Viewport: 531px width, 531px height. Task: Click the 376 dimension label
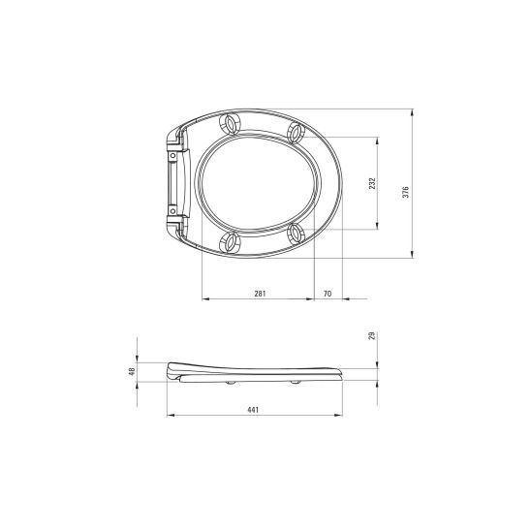coord(406,192)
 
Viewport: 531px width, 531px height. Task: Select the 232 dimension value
coord(372,183)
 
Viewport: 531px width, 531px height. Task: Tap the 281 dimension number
coord(260,294)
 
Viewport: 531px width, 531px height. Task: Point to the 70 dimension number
coord(328,294)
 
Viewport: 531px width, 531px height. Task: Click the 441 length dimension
coord(253,410)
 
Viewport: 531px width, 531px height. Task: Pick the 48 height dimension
coord(132,371)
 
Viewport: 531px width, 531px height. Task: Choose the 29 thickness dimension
coord(372,336)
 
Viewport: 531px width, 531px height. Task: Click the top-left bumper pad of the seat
coord(231,124)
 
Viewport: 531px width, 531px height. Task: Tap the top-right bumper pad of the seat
coord(296,133)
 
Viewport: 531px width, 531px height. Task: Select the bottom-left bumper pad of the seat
coord(230,242)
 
